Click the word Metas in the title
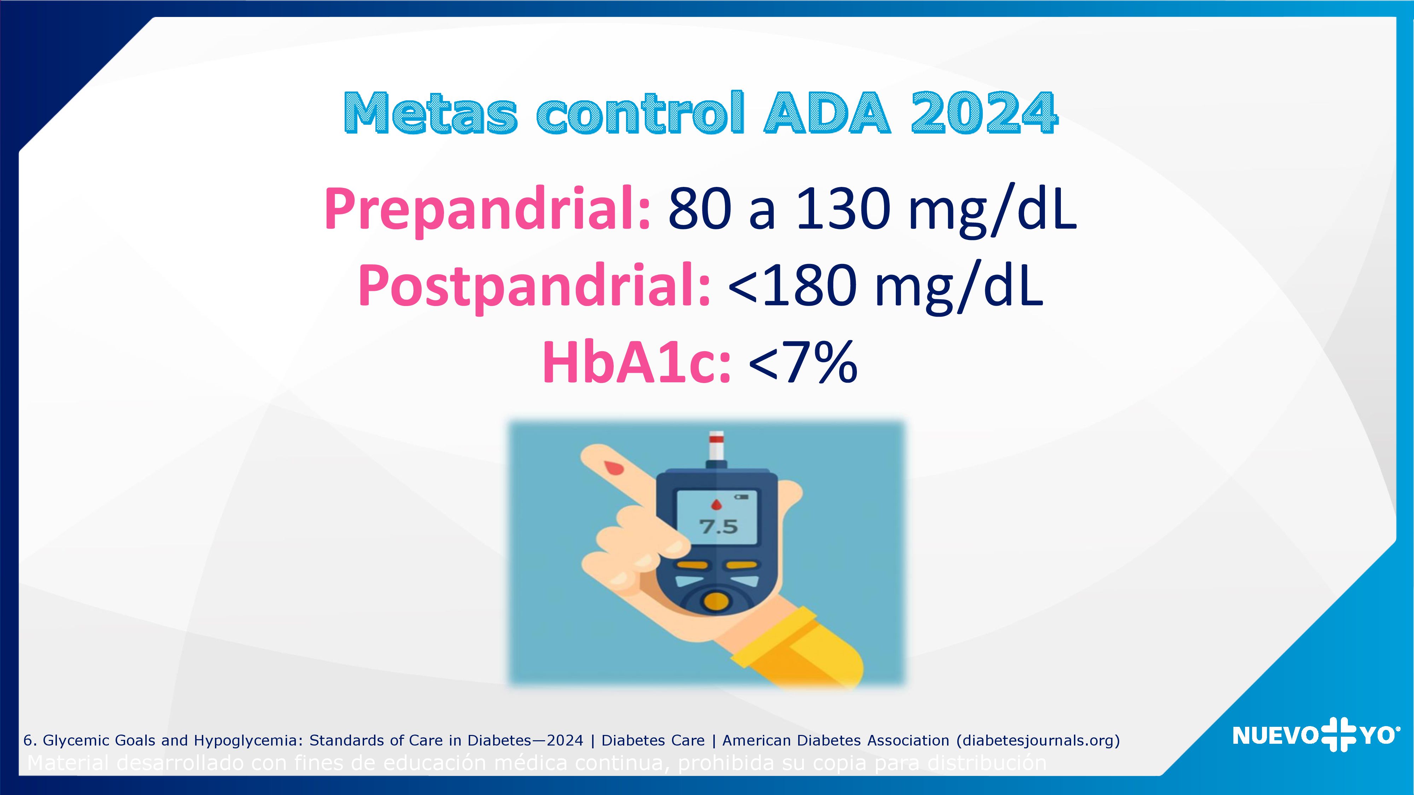click(x=431, y=113)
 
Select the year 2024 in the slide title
click(x=984, y=113)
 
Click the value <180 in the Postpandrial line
click(x=793, y=287)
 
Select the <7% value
click(x=802, y=363)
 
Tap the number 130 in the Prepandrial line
click(x=840, y=210)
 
